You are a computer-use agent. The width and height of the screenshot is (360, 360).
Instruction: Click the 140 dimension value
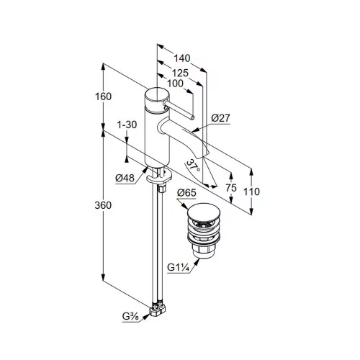[182, 58]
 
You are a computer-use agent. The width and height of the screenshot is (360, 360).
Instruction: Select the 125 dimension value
[180, 73]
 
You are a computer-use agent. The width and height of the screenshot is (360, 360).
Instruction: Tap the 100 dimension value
[175, 84]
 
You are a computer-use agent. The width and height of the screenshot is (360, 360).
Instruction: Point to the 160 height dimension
[104, 96]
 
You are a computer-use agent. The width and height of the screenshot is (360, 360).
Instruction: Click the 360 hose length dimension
[103, 205]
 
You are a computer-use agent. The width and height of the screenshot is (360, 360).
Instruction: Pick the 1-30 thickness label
[127, 125]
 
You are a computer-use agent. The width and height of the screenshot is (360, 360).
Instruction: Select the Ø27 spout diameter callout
[220, 118]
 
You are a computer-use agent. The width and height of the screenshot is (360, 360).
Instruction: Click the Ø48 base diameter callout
[125, 178]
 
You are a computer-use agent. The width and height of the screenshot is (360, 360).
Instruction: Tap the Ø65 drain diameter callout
[186, 193]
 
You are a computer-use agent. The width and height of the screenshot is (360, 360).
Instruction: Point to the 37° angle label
[194, 166]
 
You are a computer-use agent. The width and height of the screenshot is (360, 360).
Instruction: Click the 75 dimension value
[231, 188]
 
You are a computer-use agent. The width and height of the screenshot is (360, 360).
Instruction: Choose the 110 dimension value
[251, 192]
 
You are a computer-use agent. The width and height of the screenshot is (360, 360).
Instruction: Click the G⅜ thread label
[130, 317]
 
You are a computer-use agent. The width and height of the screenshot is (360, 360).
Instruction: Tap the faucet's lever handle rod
[178, 110]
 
